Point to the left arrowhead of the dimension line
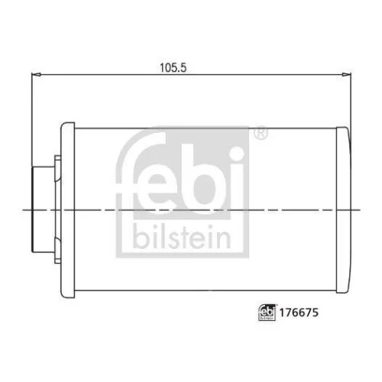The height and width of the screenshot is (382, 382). pos(34,75)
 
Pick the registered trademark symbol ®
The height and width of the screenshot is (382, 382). pos(261,135)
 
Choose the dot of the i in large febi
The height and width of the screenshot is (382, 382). pos(235,150)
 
